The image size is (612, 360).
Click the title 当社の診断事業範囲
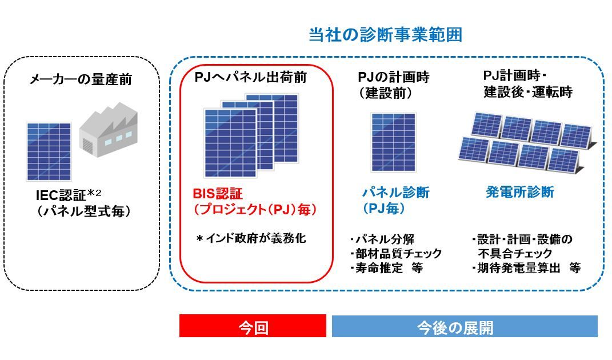[x=385, y=35]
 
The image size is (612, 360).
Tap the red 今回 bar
[x=253, y=326]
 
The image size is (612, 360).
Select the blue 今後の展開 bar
[x=465, y=326]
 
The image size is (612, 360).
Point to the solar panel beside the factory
[x=49, y=151]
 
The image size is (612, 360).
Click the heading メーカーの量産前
[x=81, y=79]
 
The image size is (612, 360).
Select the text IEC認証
[x=61, y=195]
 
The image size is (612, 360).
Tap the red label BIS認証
[x=218, y=194]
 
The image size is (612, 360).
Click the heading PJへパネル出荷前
[x=251, y=77]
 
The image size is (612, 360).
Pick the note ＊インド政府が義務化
[x=251, y=238]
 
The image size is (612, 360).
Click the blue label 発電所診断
[x=520, y=191]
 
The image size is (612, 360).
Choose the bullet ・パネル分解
[x=382, y=239]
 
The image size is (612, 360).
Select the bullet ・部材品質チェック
[x=396, y=253]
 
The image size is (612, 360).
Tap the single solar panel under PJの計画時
[x=393, y=142]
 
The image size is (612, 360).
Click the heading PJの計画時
[x=393, y=77]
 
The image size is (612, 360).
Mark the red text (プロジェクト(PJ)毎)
[x=255, y=210]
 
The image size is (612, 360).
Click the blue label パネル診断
[x=396, y=192]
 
